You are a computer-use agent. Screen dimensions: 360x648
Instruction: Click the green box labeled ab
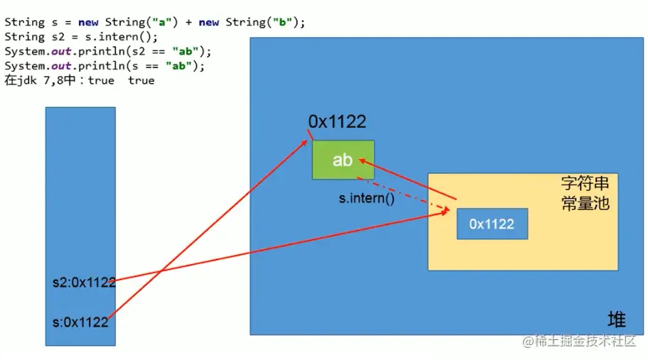click(x=342, y=160)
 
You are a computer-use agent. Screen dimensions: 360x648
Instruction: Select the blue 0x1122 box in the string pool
click(x=492, y=224)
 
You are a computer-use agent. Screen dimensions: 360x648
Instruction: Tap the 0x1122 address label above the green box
click(x=337, y=121)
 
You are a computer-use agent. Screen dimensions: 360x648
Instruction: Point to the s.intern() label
click(x=366, y=199)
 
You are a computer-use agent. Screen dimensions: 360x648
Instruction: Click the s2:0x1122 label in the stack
click(x=84, y=282)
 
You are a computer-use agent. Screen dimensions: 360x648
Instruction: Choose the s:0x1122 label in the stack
click(x=80, y=322)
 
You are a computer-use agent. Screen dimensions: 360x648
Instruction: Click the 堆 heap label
click(x=617, y=317)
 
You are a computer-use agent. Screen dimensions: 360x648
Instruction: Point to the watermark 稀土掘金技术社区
click(x=579, y=342)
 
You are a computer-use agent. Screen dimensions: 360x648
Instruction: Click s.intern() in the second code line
click(x=127, y=37)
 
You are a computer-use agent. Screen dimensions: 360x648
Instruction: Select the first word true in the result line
click(x=101, y=80)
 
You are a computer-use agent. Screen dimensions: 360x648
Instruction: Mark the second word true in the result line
click(x=141, y=80)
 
